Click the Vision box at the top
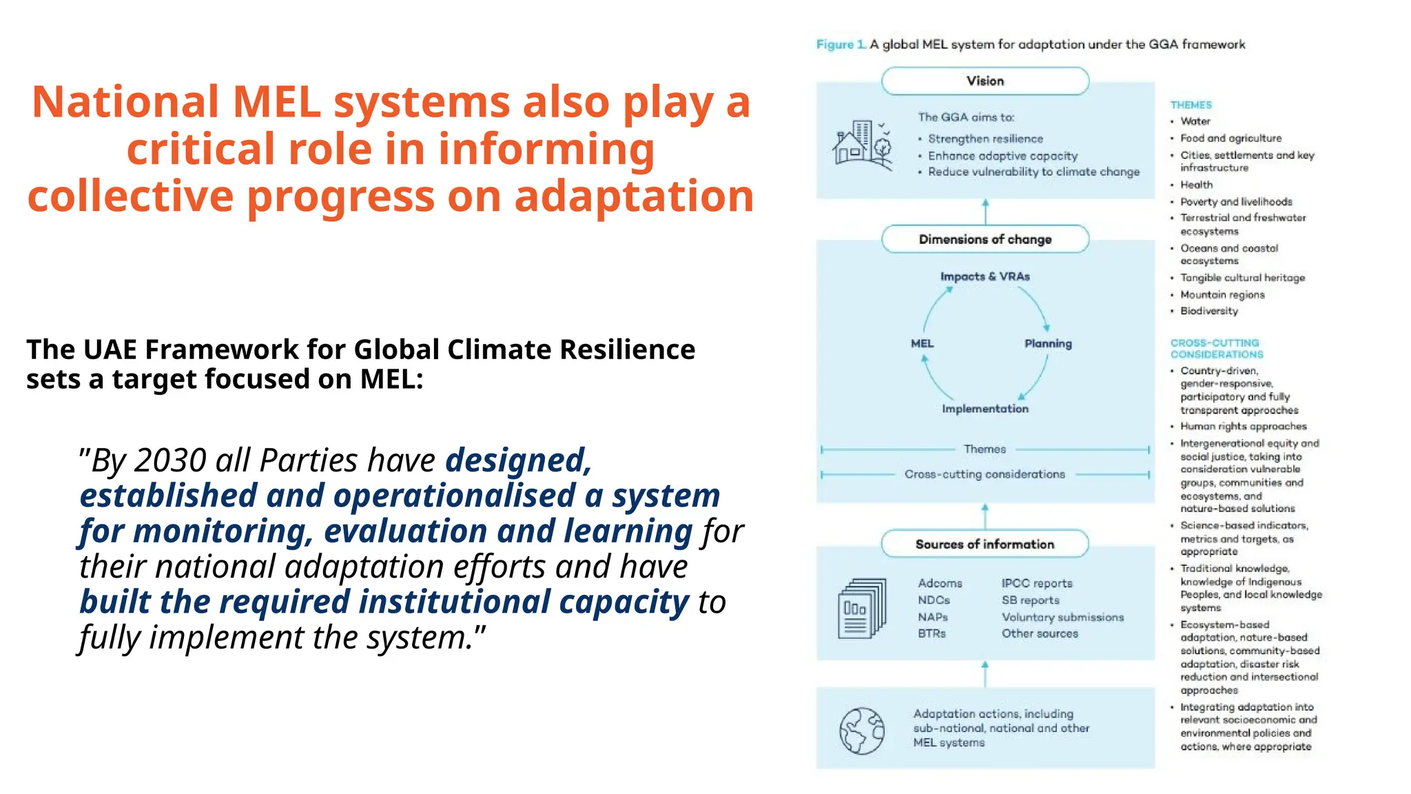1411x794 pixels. coord(985,81)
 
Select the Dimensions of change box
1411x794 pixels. coord(985,239)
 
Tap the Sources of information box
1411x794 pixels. coord(985,544)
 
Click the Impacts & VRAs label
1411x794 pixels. coord(985,276)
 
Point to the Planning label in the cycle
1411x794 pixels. coord(1048,343)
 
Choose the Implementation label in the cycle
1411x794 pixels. coord(985,409)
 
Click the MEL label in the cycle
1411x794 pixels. coord(922,343)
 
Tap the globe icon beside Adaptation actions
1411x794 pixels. coord(861,731)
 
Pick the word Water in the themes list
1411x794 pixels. coord(1195,121)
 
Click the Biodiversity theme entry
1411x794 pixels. coord(1208,311)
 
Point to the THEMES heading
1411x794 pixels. coord(1191,105)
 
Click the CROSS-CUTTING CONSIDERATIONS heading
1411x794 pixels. coord(1216,349)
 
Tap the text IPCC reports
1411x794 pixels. coord(1036,583)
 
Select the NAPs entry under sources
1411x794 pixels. coord(932,617)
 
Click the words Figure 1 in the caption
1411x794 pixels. coord(841,45)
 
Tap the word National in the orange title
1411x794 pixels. coord(125,102)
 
